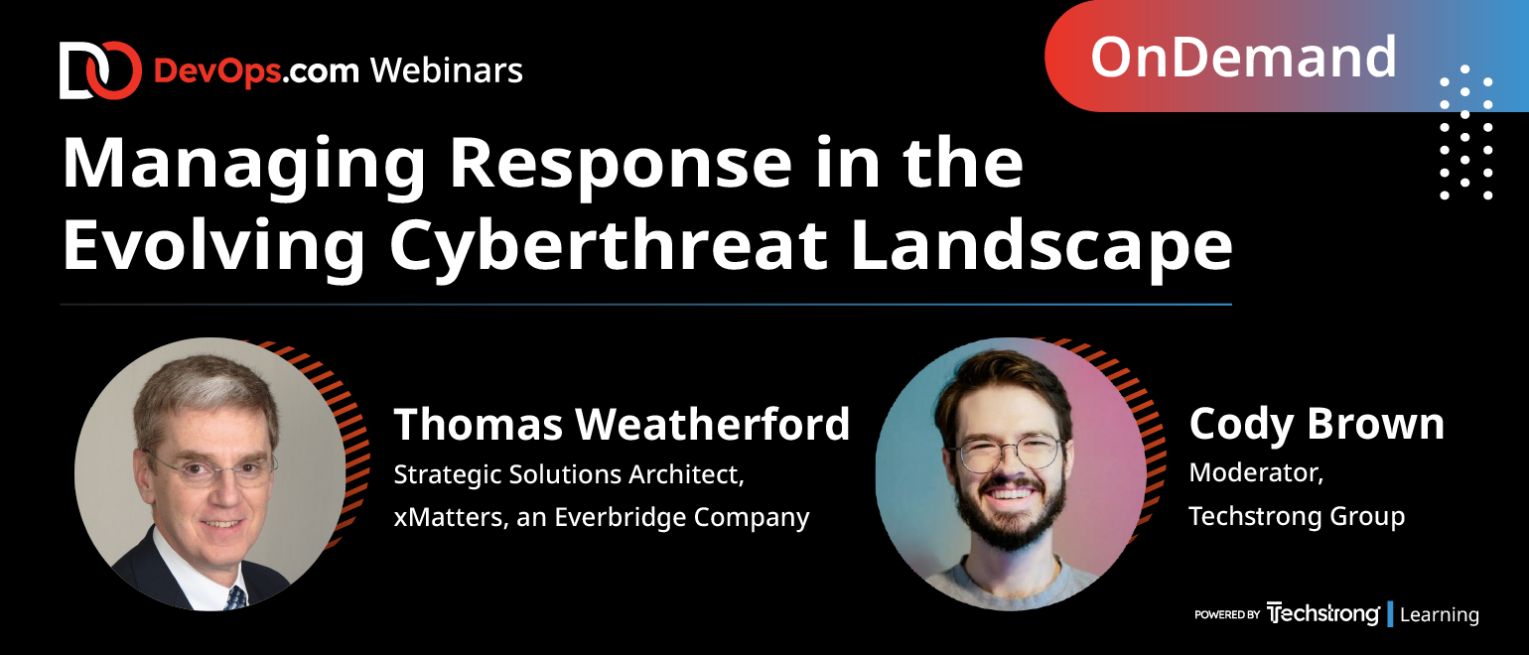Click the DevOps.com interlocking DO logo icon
pyautogui.click(x=100, y=69)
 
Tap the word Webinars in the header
pyautogui.click(x=447, y=70)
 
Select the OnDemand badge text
pyautogui.click(x=1243, y=57)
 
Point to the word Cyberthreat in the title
pyautogui.click(x=609, y=246)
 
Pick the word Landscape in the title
pyautogui.click(x=1042, y=246)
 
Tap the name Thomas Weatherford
pyautogui.click(x=622, y=424)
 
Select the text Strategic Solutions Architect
pyautogui.click(x=569, y=474)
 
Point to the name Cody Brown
pyautogui.click(x=1317, y=424)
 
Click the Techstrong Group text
pyautogui.click(x=1297, y=516)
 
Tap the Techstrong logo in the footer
pyautogui.click(x=1322, y=613)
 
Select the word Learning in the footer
pyautogui.click(x=1440, y=614)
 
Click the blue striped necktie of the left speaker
pyautogui.click(x=236, y=597)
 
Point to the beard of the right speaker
pyautogui.click(x=1011, y=512)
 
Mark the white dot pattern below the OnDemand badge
pyautogui.click(x=1465, y=132)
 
